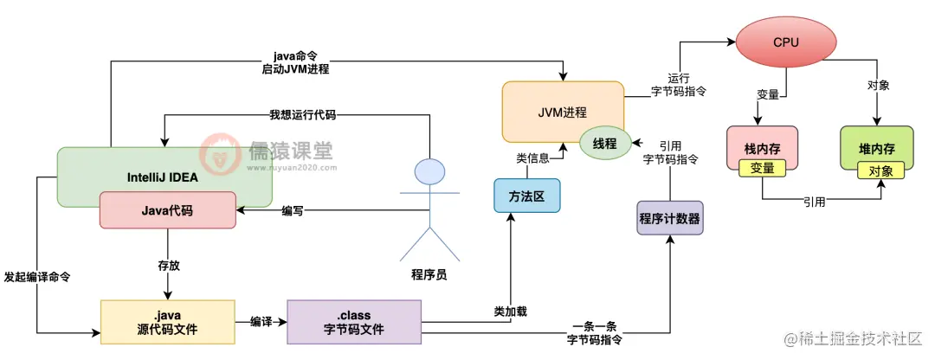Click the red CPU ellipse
[786, 42]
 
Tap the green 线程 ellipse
[604, 144]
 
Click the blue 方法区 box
[526, 196]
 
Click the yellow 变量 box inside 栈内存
[762, 168]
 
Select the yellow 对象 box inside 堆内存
[880, 170]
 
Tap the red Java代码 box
[167, 209]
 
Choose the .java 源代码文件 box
[167, 322]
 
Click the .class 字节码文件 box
[353, 322]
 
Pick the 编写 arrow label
[293, 210]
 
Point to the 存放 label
[168, 265]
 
